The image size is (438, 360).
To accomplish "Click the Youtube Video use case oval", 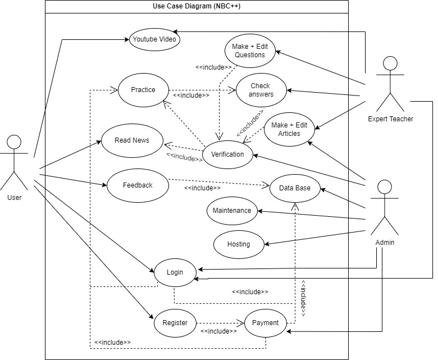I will (154, 39).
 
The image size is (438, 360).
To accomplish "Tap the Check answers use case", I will (261, 90).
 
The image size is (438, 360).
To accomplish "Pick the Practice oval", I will (143, 90).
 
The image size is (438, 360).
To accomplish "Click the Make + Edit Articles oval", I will (289, 129).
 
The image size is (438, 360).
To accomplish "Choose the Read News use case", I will (132, 140).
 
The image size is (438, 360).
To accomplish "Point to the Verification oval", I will (227, 154).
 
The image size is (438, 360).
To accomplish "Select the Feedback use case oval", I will (138, 185).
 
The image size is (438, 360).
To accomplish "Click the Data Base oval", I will (295, 188).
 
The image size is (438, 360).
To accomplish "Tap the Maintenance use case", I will (232, 211).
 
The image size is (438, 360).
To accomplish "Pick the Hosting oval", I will (239, 244).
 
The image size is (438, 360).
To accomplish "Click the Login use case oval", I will (175, 272).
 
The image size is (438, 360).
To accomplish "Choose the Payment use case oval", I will (265, 323).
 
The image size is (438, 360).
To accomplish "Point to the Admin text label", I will (385, 243).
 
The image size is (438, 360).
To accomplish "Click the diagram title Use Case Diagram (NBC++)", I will (197, 7).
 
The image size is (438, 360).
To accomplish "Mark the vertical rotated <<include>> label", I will (303, 298).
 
